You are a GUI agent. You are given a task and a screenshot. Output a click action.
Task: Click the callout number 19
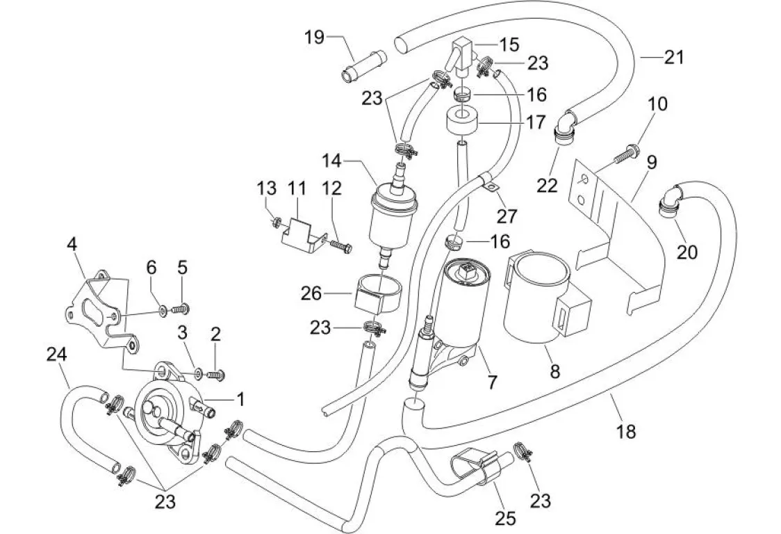coord(315,36)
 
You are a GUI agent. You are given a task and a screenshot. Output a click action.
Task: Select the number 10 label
coord(657,104)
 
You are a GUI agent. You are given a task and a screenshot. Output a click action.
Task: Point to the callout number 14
coord(331,161)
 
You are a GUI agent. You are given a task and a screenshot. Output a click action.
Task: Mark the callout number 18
coord(625,431)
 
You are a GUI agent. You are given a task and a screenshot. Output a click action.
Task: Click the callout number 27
coord(507,216)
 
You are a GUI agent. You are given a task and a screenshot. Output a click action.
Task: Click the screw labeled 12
coord(339,245)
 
